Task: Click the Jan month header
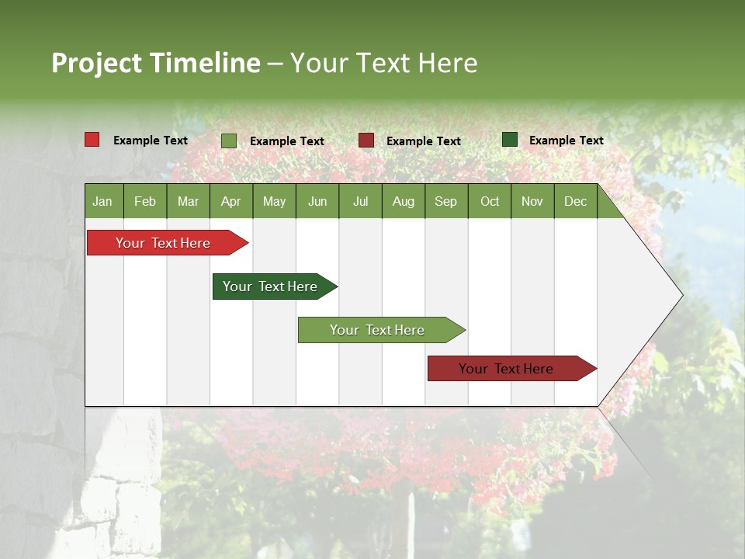[x=102, y=201]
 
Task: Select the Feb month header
[x=145, y=201]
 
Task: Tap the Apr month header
[x=230, y=201]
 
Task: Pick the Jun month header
[x=317, y=201]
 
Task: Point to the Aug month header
[x=403, y=201]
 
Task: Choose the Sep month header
[x=445, y=201]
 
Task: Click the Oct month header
[x=490, y=201]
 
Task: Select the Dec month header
[x=575, y=201]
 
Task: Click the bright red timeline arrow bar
[x=163, y=243]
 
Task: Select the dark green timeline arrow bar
[x=270, y=286]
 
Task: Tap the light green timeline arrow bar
[x=377, y=330]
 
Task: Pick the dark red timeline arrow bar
[x=506, y=369]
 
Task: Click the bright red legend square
[x=92, y=140]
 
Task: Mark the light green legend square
[x=229, y=141]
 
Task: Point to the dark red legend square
[x=366, y=141]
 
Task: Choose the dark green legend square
[x=510, y=140]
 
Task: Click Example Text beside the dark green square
[x=566, y=141]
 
